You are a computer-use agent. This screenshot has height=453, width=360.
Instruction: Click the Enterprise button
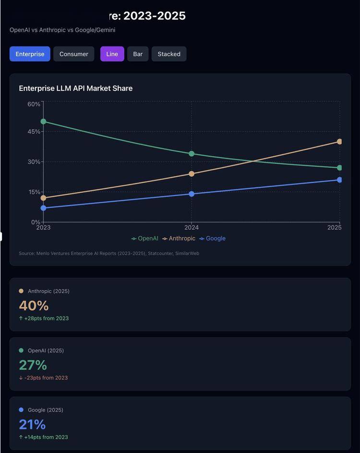(30, 54)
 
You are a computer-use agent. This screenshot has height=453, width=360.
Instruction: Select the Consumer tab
(73, 54)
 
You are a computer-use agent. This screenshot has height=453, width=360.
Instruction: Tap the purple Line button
(112, 54)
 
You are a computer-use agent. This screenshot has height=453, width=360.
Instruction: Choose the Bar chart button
(138, 54)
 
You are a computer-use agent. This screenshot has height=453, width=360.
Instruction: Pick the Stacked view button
(169, 54)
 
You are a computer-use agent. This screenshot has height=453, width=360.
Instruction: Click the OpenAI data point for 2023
(43, 122)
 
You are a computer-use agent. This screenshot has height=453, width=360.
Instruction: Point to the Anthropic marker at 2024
(192, 173)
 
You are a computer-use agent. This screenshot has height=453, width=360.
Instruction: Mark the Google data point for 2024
(192, 194)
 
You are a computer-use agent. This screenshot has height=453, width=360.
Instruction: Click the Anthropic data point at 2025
(339, 142)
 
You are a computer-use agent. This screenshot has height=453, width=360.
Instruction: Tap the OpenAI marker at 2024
(192, 153)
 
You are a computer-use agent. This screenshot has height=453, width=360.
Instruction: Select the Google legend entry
(213, 238)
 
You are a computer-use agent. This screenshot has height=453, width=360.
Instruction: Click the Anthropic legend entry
(179, 238)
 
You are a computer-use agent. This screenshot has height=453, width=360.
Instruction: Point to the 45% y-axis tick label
(34, 132)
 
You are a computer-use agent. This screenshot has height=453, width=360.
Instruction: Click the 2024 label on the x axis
(192, 227)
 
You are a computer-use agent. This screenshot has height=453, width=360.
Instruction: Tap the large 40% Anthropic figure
(34, 306)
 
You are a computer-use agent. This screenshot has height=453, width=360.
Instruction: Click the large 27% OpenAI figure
(33, 365)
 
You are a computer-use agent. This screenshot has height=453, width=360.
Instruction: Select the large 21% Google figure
(32, 424)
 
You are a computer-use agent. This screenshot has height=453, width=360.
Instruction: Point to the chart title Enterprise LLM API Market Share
(76, 88)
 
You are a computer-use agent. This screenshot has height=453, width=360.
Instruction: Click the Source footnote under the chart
(109, 253)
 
